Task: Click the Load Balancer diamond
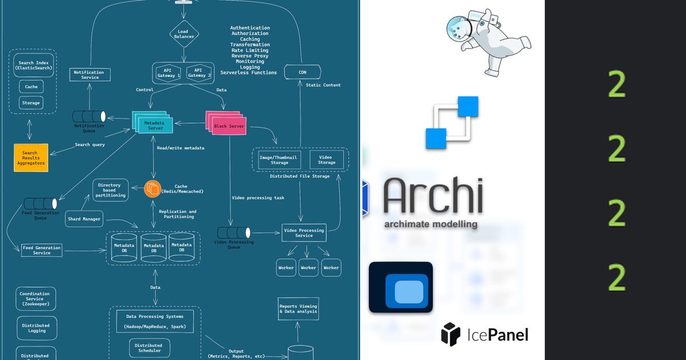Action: pyautogui.click(x=184, y=34)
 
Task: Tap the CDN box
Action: pyautogui.click(x=302, y=73)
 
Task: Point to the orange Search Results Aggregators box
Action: pyautogui.click(x=30, y=158)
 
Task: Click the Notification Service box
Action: pyautogui.click(x=90, y=75)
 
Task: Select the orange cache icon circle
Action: pyautogui.click(x=153, y=189)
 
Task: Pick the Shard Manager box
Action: pyautogui.click(x=84, y=219)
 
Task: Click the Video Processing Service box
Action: pyautogui.click(x=304, y=233)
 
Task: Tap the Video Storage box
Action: pyautogui.click(x=326, y=159)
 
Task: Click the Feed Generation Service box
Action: pyautogui.click(x=41, y=250)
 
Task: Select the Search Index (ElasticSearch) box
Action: pyautogui.click(x=33, y=65)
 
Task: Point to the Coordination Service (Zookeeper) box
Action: pyautogui.click(x=35, y=299)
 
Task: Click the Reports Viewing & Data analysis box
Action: pyautogui.click(x=298, y=309)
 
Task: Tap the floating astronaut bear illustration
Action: pyautogui.click(x=489, y=41)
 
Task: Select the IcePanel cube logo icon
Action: pyautogui.click(x=451, y=334)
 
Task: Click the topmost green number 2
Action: pyautogui.click(x=616, y=85)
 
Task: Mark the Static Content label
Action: pyautogui.click(x=323, y=85)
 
